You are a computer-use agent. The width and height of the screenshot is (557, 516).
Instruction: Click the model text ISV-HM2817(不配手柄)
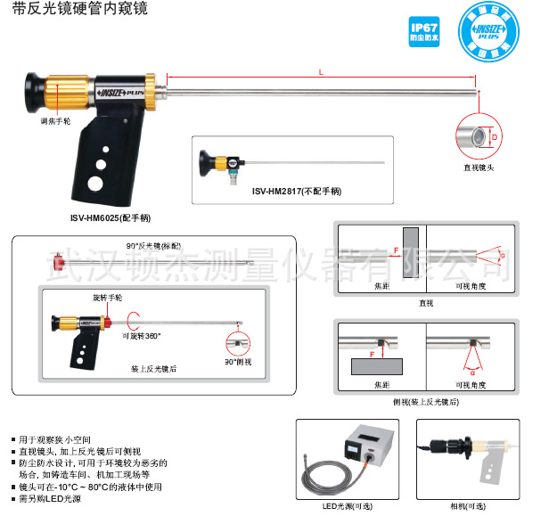tap(296, 191)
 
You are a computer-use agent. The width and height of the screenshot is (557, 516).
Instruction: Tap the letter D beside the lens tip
tap(506, 137)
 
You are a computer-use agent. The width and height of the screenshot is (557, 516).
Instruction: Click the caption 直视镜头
tap(478, 168)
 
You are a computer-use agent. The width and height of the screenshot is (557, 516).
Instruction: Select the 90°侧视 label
tap(237, 364)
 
